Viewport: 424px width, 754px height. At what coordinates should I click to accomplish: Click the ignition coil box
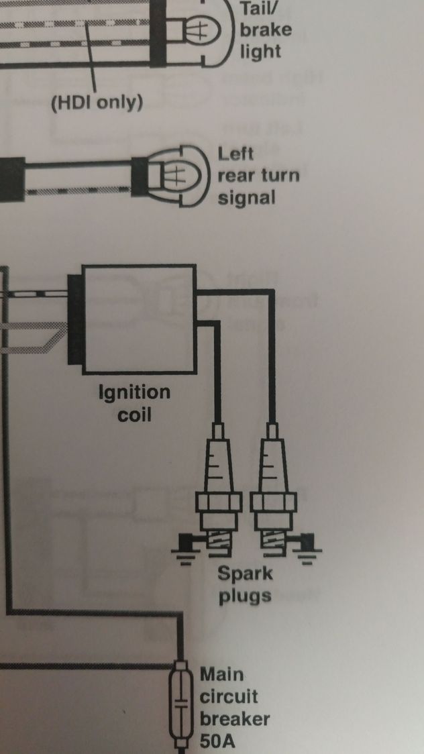click(139, 319)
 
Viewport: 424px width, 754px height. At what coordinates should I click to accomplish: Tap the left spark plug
click(219, 490)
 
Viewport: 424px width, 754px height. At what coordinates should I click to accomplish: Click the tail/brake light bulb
click(201, 32)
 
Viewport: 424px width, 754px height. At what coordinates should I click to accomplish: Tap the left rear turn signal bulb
click(177, 176)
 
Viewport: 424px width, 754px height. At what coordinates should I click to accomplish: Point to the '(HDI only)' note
click(97, 103)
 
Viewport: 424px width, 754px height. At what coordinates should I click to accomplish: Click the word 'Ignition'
click(135, 393)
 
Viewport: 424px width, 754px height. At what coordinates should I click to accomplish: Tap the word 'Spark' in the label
click(245, 574)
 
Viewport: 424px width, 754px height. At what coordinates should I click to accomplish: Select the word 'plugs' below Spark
click(245, 597)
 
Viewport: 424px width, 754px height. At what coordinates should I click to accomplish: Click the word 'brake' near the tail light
click(266, 30)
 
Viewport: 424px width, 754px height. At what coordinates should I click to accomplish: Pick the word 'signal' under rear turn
click(247, 197)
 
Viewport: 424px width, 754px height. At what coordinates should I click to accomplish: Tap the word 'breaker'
click(235, 719)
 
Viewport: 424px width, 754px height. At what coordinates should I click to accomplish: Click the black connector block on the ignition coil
click(75, 319)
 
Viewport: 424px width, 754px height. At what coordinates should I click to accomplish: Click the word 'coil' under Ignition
click(135, 415)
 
